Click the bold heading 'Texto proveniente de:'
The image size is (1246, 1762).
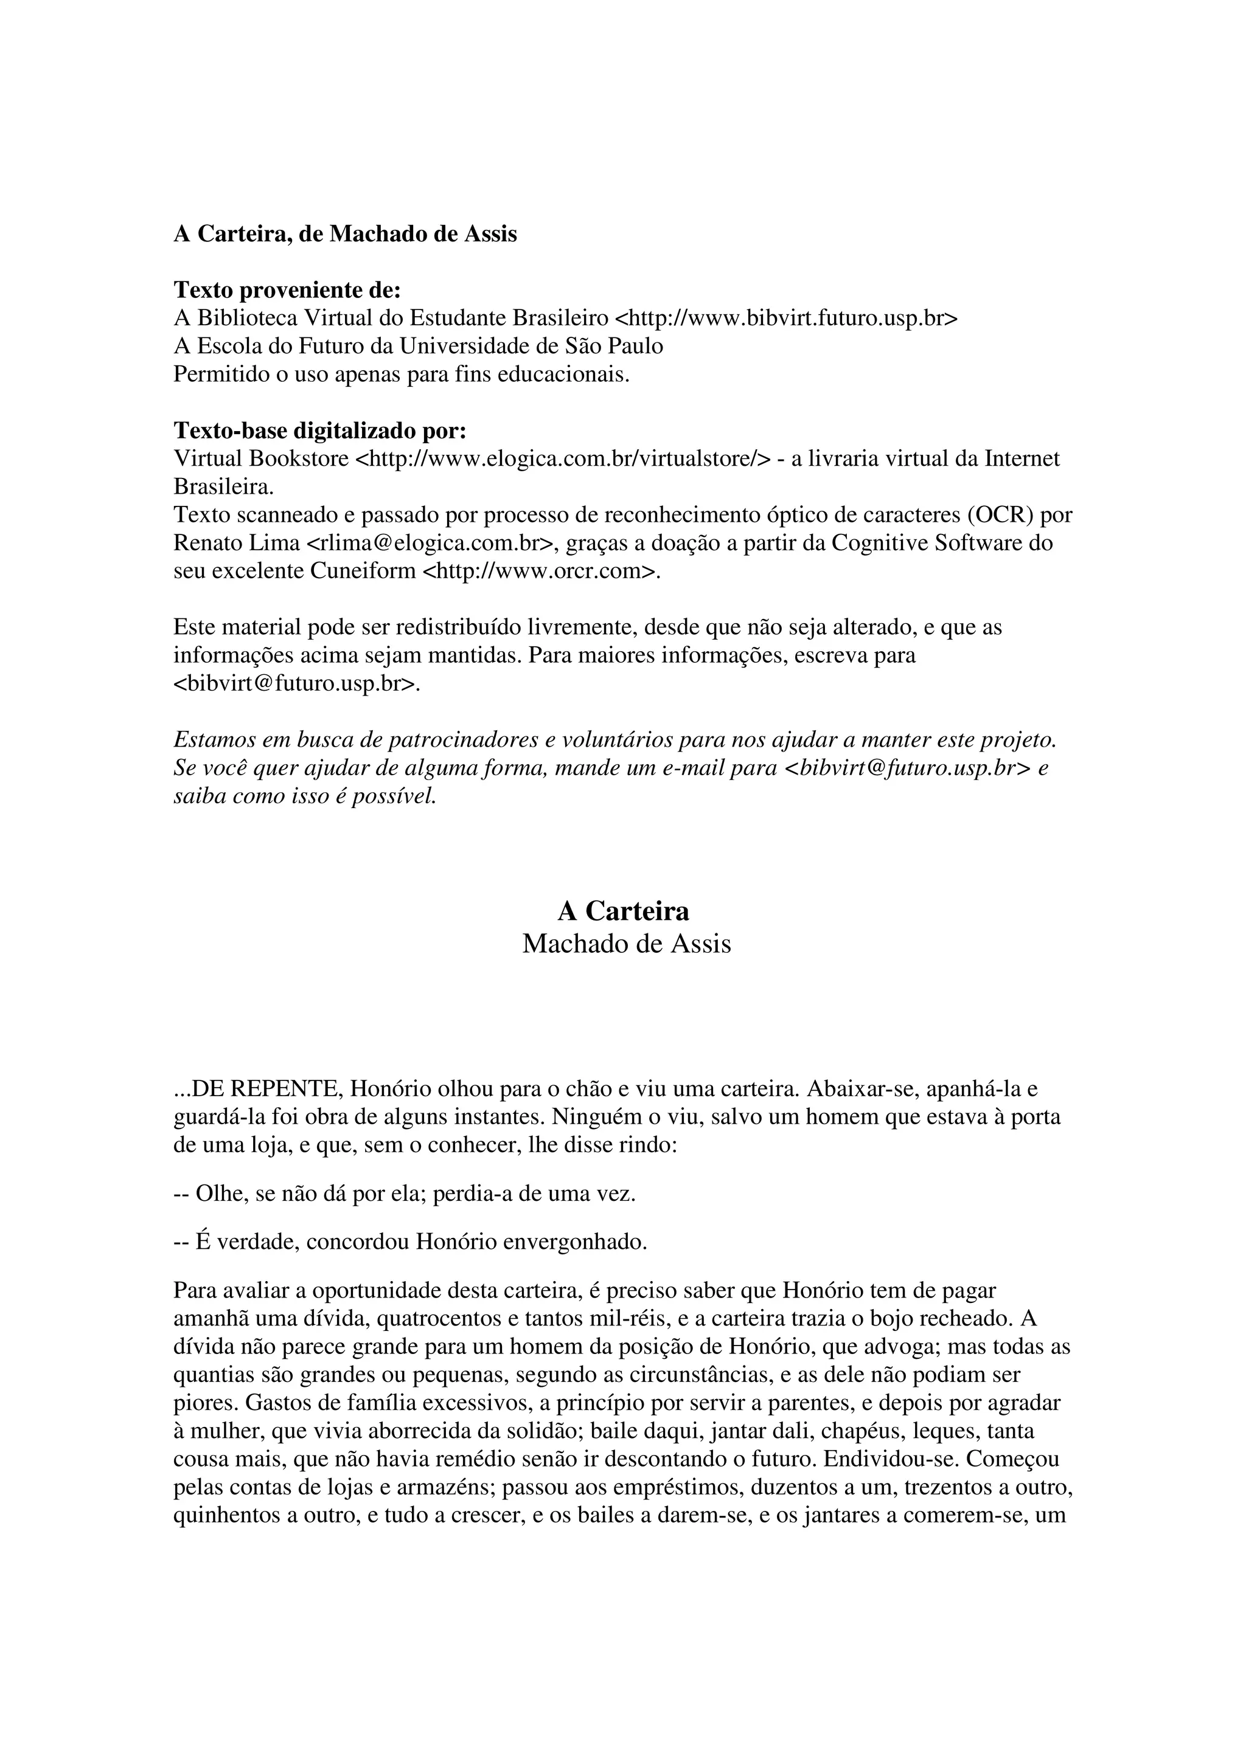tap(287, 290)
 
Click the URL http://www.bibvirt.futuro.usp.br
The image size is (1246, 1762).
tap(787, 319)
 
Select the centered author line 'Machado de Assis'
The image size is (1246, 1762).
tap(627, 944)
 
